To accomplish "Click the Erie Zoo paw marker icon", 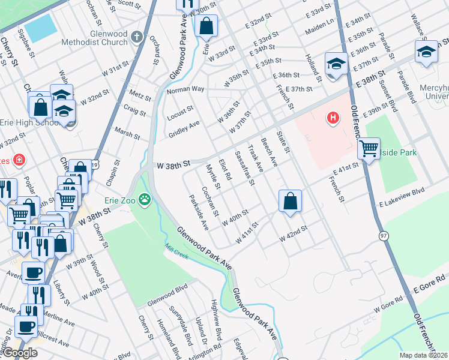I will (145, 199).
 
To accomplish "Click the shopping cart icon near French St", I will (369, 148).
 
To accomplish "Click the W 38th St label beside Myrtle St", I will (173, 163).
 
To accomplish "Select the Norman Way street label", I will (185, 89).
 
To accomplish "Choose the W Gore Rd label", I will (387, 305).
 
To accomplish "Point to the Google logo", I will (20, 353).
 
